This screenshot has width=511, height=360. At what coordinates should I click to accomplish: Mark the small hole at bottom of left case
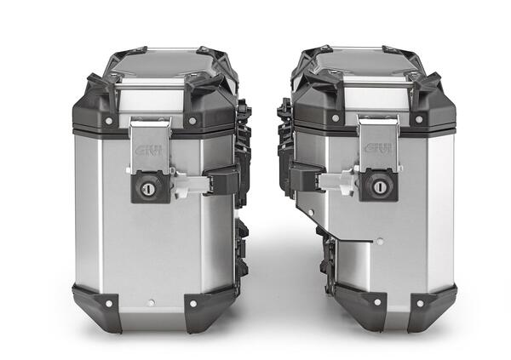point(151,300)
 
